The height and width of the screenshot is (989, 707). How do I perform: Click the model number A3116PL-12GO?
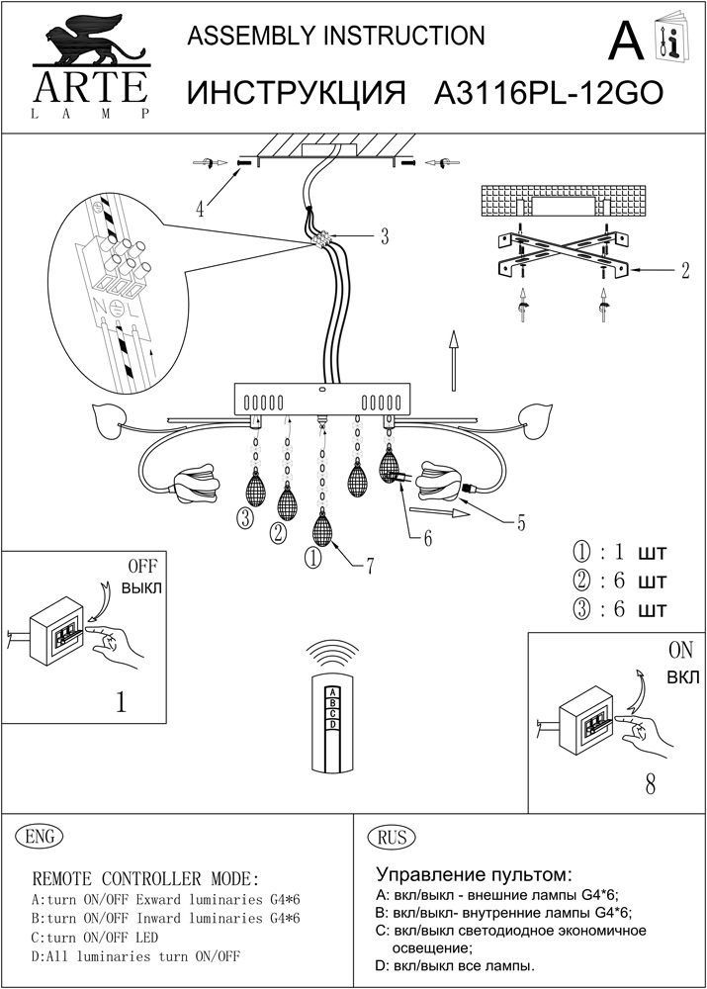pyautogui.click(x=548, y=93)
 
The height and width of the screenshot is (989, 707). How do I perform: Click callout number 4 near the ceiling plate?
pyautogui.click(x=200, y=209)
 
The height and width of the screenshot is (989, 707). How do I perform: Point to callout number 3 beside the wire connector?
pyautogui.click(x=384, y=236)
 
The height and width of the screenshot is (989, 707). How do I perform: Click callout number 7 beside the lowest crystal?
pyautogui.click(x=369, y=566)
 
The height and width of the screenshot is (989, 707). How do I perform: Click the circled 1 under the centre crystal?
pyautogui.click(x=312, y=558)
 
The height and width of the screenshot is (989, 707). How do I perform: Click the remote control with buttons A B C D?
pyautogui.click(x=333, y=721)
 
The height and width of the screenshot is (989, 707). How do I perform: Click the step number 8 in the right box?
pyautogui.click(x=650, y=784)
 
